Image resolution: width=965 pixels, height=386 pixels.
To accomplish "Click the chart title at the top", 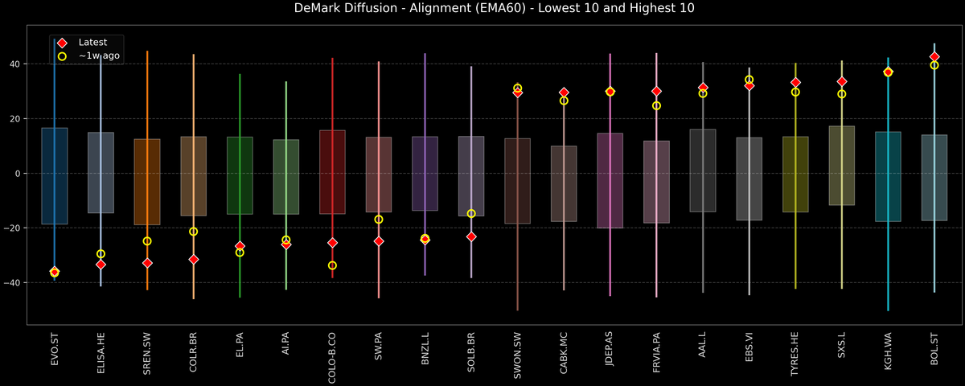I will (482, 9).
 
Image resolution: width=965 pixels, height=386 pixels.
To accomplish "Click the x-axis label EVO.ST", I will (55, 351).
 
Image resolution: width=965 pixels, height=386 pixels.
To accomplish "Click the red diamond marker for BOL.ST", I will (934, 57).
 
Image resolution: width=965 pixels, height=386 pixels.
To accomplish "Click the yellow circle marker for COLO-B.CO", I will (332, 265).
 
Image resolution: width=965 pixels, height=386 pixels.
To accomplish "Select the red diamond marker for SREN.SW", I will (147, 263).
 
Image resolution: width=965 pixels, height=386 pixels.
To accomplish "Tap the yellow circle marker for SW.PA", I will (379, 220).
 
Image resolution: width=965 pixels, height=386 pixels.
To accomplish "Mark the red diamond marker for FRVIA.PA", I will (656, 92).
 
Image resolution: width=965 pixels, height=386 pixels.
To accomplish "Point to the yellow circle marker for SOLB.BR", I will (471, 214).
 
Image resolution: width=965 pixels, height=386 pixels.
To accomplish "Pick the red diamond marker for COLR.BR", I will (193, 260).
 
